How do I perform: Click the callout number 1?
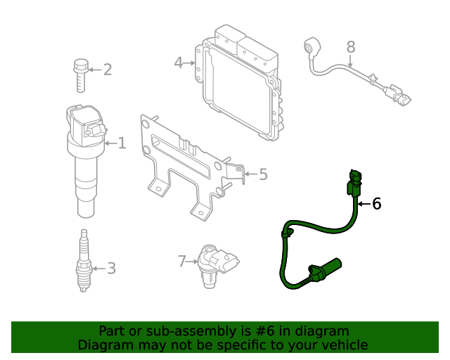[122, 143]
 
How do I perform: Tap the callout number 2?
[107, 69]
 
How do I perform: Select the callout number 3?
[110, 268]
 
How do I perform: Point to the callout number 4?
[179, 63]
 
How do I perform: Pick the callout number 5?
[263, 174]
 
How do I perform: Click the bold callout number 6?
[376, 204]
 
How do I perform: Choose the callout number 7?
[182, 262]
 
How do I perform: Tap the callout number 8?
[351, 48]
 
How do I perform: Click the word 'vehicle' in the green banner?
[342, 345]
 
